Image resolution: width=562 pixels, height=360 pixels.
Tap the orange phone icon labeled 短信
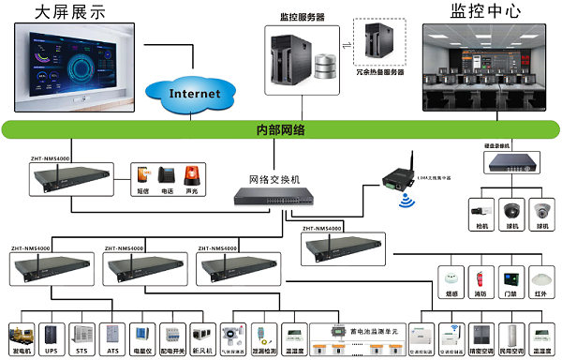click(142, 175)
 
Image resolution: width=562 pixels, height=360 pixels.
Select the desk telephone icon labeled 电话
click(167, 175)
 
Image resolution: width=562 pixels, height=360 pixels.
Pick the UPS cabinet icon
click(52, 335)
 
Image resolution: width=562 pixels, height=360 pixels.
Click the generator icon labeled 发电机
click(21, 335)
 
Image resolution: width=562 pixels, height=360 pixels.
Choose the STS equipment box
click(82, 335)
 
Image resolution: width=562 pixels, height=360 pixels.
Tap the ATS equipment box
click(112, 335)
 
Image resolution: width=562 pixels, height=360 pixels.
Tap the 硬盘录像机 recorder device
click(509, 163)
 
